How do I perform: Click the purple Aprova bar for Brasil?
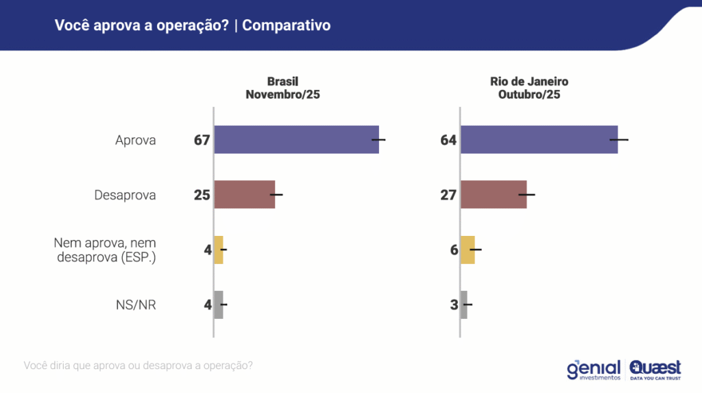[x=296, y=139]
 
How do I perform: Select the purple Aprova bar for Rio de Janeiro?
[x=539, y=139]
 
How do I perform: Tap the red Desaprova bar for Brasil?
[x=245, y=195]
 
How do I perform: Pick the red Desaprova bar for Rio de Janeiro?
[x=494, y=195]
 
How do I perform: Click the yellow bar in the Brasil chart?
[x=219, y=250]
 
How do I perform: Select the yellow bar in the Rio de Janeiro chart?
[x=468, y=250]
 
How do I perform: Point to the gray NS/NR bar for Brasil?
[x=219, y=305]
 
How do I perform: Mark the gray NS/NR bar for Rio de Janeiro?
[x=464, y=305]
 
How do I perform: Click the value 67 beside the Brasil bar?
[x=201, y=140]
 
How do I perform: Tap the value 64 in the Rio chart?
[x=448, y=140]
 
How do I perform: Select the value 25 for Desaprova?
[x=201, y=195]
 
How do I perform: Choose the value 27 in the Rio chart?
[x=448, y=195]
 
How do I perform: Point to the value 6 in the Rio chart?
[x=454, y=250]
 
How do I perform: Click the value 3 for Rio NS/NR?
[x=454, y=305]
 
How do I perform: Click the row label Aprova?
[x=136, y=141]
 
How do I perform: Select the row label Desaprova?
[x=125, y=195]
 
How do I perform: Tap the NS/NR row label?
[x=136, y=305]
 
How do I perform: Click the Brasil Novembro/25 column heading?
[x=282, y=88]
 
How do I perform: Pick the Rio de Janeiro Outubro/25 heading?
[x=529, y=88]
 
